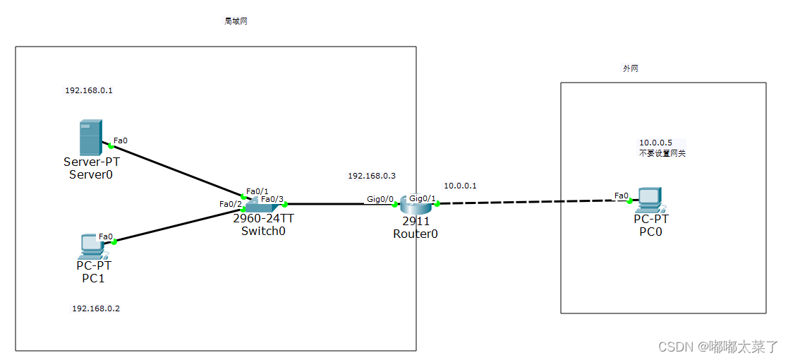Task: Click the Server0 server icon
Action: click(90, 138)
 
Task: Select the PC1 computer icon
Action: click(92, 246)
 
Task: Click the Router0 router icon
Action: click(415, 205)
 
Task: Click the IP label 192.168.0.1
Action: click(89, 90)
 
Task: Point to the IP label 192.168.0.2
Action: click(96, 308)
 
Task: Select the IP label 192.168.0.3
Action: click(372, 176)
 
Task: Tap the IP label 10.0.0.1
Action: click(460, 186)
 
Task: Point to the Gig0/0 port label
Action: click(380, 199)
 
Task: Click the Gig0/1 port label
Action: click(423, 198)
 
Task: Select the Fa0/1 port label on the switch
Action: click(257, 191)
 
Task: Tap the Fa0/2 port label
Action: click(230, 204)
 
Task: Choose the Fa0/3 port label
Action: click(272, 199)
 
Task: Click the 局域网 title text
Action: click(236, 21)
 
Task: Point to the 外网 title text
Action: click(630, 68)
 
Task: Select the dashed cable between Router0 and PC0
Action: click(529, 202)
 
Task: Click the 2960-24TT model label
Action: click(263, 219)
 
